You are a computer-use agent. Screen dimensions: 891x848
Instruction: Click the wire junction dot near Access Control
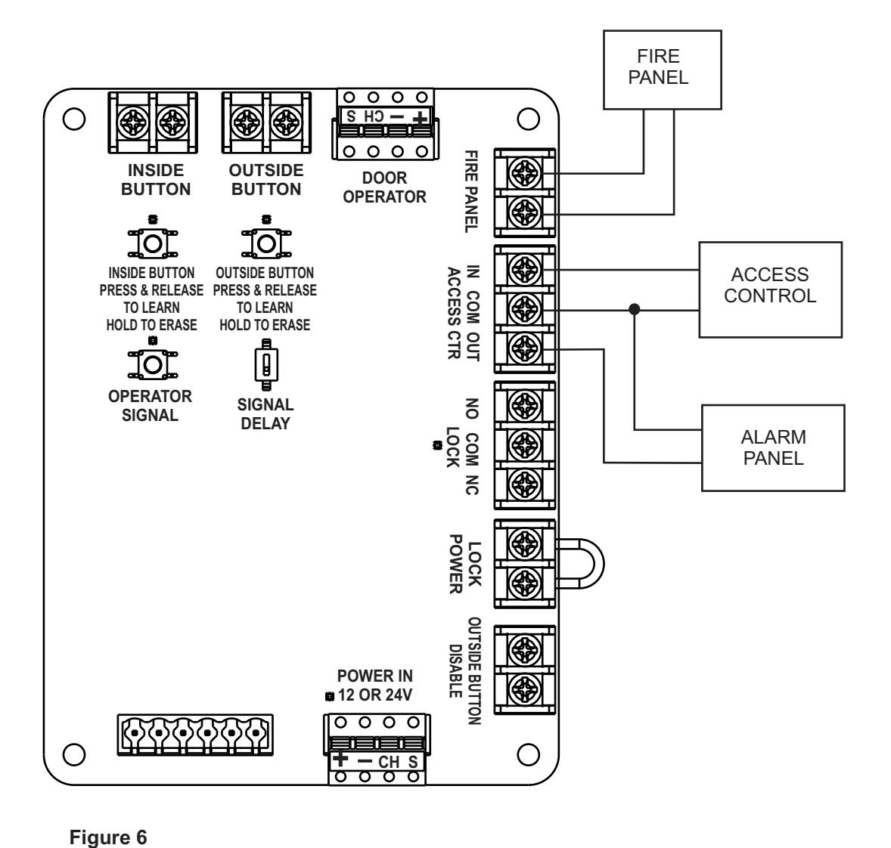pyautogui.click(x=634, y=309)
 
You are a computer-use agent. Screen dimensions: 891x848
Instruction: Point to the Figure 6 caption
pyautogui.click(x=108, y=837)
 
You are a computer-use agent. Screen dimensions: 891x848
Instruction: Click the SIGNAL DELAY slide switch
pyautogui.click(x=266, y=364)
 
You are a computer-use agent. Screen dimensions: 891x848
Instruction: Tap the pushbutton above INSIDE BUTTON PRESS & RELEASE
pyautogui.click(x=152, y=243)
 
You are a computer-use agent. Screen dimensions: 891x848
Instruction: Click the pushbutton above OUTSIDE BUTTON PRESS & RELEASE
pyautogui.click(x=266, y=243)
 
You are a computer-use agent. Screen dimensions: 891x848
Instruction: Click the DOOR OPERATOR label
pyautogui.click(x=384, y=187)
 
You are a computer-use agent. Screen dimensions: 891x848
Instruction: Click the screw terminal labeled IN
pyautogui.click(x=525, y=268)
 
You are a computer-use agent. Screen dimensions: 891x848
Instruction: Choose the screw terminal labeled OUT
pyautogui.click(x=525, y=348)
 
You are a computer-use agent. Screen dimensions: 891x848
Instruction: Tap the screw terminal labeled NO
pyautogui.click(x=525, y=406)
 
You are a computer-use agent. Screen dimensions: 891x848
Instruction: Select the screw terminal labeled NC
pyautogui.click(x=525, y=484)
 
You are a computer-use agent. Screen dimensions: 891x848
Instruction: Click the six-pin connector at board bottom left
pyautogui.click(x=195, y=735)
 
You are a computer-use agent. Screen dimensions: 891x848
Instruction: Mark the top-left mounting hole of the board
pyautogui.click(x=74, y=119)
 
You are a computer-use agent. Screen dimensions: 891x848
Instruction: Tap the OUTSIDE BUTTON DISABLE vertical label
pyautogui.click(x=466, y=671)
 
